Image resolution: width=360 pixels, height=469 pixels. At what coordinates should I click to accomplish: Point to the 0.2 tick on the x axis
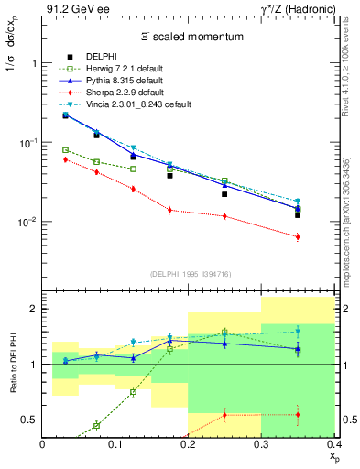(189, 445)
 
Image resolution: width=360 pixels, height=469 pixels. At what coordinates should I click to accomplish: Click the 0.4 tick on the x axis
(333, 445)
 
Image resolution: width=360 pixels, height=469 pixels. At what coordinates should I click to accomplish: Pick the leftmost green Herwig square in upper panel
(65, 150)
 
